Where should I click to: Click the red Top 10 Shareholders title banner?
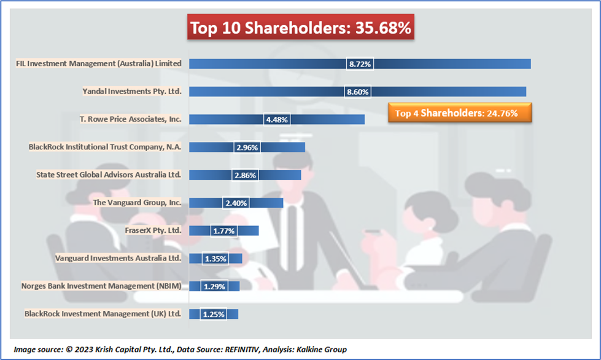coord(300,28)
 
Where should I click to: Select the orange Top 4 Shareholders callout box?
coord(459,113)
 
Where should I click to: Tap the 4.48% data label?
coord(277,119)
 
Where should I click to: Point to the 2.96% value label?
coord(247,147)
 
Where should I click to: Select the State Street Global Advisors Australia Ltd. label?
coord(109,174)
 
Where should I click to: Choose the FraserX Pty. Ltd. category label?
coord(153,230)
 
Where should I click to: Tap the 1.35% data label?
coord(215,259)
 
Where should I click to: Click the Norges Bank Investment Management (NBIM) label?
coord(101,286)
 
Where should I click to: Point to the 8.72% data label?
coord(360,63)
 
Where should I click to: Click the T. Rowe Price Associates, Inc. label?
coord(130,119)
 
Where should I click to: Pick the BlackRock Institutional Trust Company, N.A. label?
coord(105,147)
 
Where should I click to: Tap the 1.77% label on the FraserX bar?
coord(223,231)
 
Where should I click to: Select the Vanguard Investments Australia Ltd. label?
coord(118,258)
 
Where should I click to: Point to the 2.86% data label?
coord(245,175)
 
